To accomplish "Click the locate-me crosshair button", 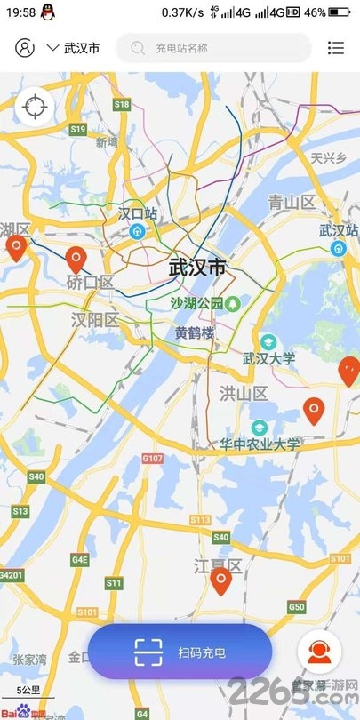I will click(34, 107).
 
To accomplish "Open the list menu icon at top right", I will click(335, 48).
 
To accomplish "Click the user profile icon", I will click(25, 48).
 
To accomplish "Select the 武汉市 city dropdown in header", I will click(73, 48).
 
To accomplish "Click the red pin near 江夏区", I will click(221, 581).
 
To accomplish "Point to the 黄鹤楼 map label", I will click(195, 333).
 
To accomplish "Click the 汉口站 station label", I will click(137, 213).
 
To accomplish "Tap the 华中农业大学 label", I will click(261, 443).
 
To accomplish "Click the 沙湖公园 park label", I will click(196, 303).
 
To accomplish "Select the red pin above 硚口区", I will click(76, 260).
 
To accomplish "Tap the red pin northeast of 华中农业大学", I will click(314, 411).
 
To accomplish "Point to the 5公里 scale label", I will click(28, 689).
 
